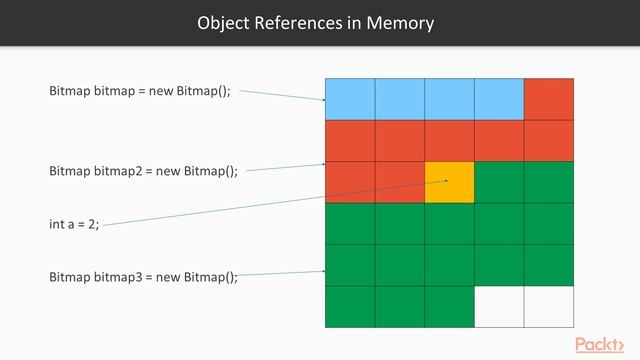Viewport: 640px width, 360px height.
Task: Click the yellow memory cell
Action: (449, 182)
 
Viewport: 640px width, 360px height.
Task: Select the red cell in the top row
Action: (549, 98)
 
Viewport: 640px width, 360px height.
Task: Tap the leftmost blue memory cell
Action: (350, 98)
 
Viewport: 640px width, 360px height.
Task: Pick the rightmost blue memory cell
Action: (499, 98)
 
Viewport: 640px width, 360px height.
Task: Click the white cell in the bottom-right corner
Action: (549, 306)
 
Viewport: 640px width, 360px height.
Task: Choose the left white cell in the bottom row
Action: (499, 306)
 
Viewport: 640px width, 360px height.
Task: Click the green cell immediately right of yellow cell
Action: (499, 182)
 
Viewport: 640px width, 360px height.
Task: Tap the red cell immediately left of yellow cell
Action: (400, 182)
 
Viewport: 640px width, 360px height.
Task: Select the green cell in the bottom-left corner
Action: (350, 306)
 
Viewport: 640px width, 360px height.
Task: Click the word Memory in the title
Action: (399, 22)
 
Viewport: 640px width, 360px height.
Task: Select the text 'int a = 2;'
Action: (74, 224)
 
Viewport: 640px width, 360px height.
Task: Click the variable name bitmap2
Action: (117, 171)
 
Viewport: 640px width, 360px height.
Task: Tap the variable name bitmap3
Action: (117, 277)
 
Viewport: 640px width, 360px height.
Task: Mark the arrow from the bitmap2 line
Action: (285, 168)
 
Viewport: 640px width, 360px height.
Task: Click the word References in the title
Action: (300, 22)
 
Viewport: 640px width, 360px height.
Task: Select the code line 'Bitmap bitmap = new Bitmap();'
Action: (140, 91)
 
